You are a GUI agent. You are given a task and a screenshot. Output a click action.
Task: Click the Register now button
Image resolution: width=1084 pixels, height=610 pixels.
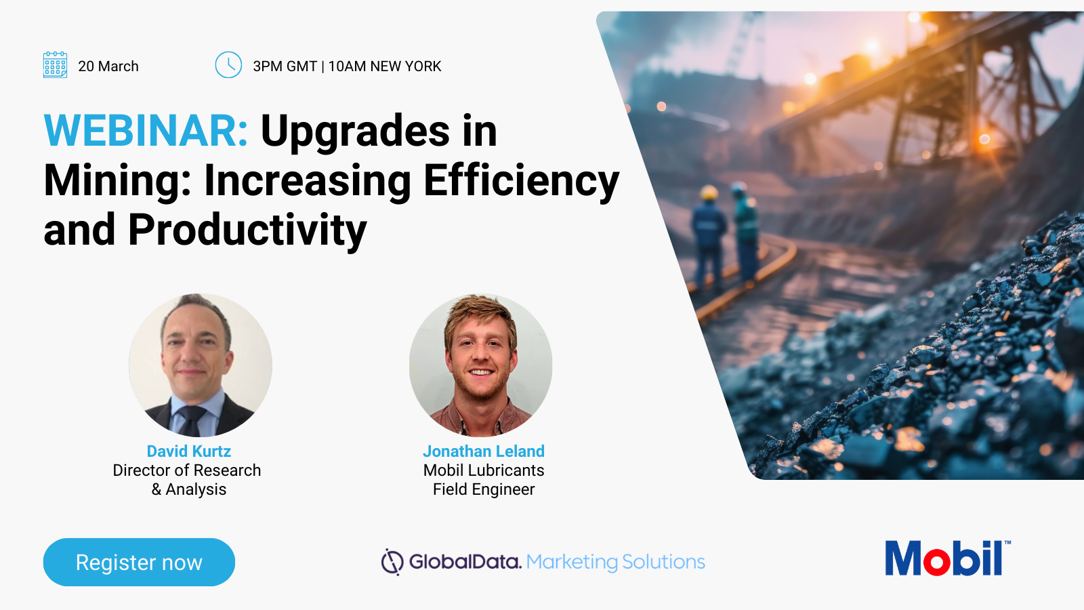tap(139, 562)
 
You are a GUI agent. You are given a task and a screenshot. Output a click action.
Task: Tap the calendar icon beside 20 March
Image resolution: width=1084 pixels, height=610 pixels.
tap(55, 65)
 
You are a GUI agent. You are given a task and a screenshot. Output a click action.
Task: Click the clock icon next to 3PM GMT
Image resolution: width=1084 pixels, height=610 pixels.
tap(228, 65)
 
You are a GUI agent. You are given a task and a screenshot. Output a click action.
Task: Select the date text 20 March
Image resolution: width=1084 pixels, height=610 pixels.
tap(108, 66)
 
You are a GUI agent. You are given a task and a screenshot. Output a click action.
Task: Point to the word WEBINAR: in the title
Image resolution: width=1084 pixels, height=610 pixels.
tap(146, 131)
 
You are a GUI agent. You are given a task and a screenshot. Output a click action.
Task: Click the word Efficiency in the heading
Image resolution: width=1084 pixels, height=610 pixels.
tap(521, 181)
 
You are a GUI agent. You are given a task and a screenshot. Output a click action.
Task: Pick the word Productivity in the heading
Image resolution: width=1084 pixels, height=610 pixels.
tap(247, 230)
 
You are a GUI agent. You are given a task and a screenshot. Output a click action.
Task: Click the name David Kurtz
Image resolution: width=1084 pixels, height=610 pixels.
tap(189, 451)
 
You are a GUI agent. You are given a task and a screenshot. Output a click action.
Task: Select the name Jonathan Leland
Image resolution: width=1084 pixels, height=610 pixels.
tap(484, 451)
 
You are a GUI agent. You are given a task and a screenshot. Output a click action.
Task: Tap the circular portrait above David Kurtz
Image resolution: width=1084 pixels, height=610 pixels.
tap(201, 365)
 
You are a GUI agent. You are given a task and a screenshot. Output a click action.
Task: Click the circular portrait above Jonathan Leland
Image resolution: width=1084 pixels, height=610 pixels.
tap(481, 365)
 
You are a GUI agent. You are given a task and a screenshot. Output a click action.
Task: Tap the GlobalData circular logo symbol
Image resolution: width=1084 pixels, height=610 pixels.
tap(392, 562)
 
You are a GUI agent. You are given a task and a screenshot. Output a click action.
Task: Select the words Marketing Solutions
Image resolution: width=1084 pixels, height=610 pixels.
tap(615, 562)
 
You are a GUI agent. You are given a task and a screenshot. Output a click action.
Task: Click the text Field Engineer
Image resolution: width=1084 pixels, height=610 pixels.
tap(484, 489)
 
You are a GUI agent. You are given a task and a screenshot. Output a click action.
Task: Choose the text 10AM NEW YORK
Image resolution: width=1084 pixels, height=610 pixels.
tap(385, 66)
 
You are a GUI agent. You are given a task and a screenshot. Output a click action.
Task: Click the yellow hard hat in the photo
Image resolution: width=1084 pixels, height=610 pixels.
tap(709, 193)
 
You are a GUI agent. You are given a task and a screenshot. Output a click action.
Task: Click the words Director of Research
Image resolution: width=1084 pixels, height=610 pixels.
tap(187, 470)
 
